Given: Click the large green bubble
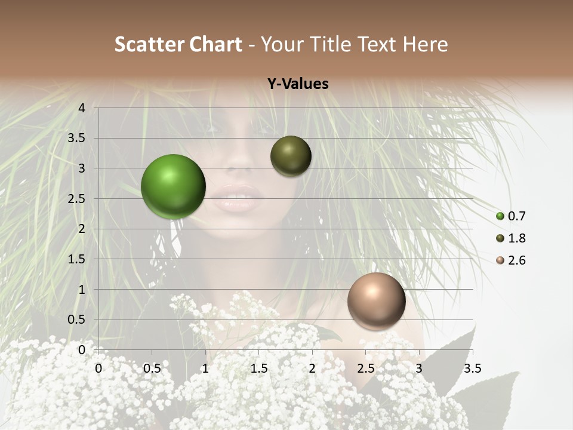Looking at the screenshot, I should [173, 186].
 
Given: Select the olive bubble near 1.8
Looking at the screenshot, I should [291, 156].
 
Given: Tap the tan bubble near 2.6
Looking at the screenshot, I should [376, 301].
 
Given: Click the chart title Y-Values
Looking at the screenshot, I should [297, 84].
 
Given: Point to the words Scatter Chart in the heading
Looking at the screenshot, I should [178, 44].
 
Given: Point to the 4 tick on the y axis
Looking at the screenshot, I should [82, 107].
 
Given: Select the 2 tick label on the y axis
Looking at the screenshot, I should [82, 229].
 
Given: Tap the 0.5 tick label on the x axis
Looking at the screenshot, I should [152, 368].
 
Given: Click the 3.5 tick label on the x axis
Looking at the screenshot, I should [472, 368].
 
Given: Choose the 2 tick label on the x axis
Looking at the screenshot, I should [312, 368].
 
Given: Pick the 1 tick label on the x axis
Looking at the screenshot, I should [205, 368].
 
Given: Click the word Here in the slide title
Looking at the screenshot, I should [426, 44].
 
